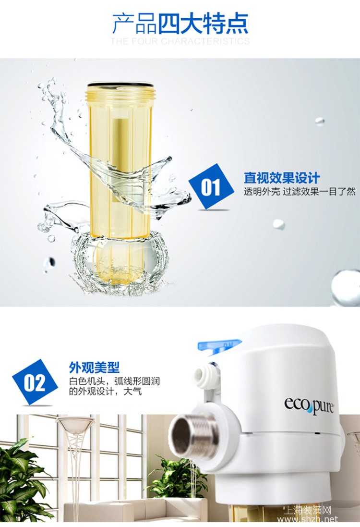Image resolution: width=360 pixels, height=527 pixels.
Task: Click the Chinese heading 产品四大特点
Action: pyautogui.click(x=180, y=23)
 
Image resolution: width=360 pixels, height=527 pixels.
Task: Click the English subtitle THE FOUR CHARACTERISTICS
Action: pyautogui.click(x=180, y=41)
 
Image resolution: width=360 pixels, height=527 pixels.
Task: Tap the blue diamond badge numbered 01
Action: pyautogui.click(x=211, y=187)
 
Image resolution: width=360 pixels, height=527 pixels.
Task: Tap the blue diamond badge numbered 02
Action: pyautogui.click(x=35, y=382)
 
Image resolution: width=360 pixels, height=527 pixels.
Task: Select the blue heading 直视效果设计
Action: pyautogui.click(x=282, y=178)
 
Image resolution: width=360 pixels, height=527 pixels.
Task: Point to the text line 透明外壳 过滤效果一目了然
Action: pyautogui.click(x=299, y=192)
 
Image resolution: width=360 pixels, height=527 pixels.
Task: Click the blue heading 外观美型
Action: pyautogui.click(x=94, y=368)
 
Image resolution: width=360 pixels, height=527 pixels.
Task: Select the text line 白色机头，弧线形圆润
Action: pyautogui.click(x=114, y=381)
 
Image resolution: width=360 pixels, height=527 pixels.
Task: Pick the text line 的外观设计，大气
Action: pyautogui.click(x=105, y=392)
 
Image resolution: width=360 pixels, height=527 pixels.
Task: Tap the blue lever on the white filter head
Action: pyautogui.click(x=220, y=346)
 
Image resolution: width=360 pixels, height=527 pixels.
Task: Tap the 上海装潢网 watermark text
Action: pyautogui.click(x=308, y=511)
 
